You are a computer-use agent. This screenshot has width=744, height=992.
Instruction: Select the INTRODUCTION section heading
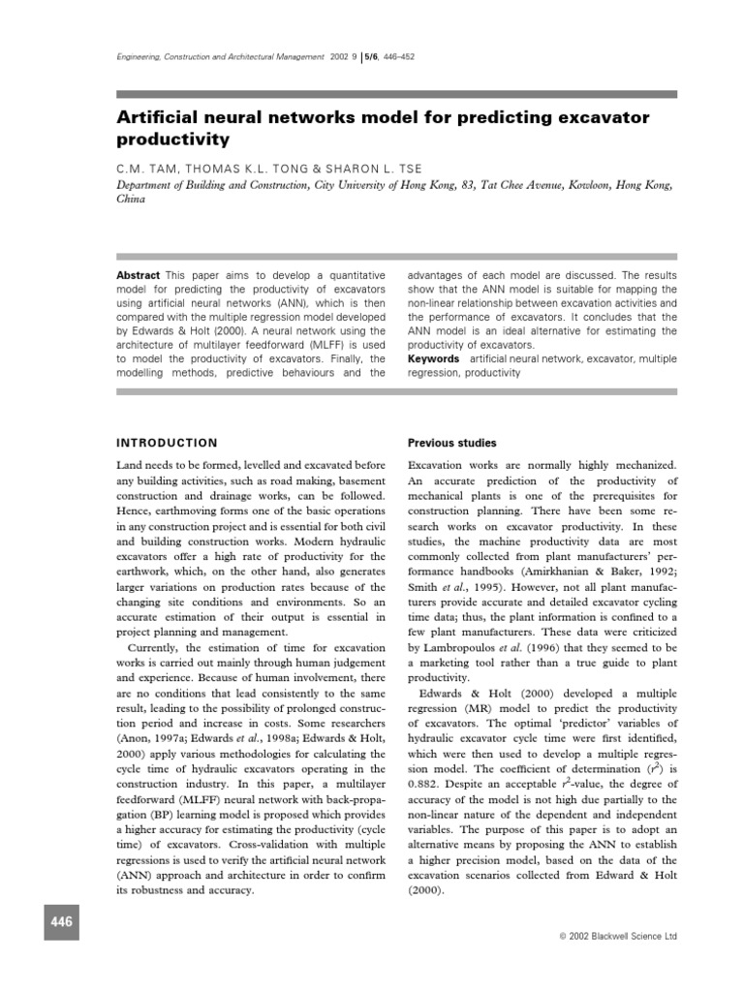[167, 442]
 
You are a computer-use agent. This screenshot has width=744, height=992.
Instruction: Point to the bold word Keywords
[433, 357]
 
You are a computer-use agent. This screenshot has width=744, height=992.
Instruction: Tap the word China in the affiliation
[131, 200]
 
